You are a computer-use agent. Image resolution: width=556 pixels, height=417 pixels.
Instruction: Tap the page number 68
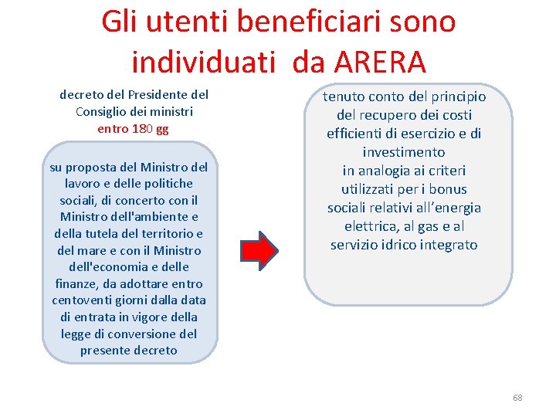click(517, 398)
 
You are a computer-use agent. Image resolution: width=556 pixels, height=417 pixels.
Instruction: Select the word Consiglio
click(103, 112)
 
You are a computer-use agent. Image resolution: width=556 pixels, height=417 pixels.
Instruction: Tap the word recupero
click(381, 115)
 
